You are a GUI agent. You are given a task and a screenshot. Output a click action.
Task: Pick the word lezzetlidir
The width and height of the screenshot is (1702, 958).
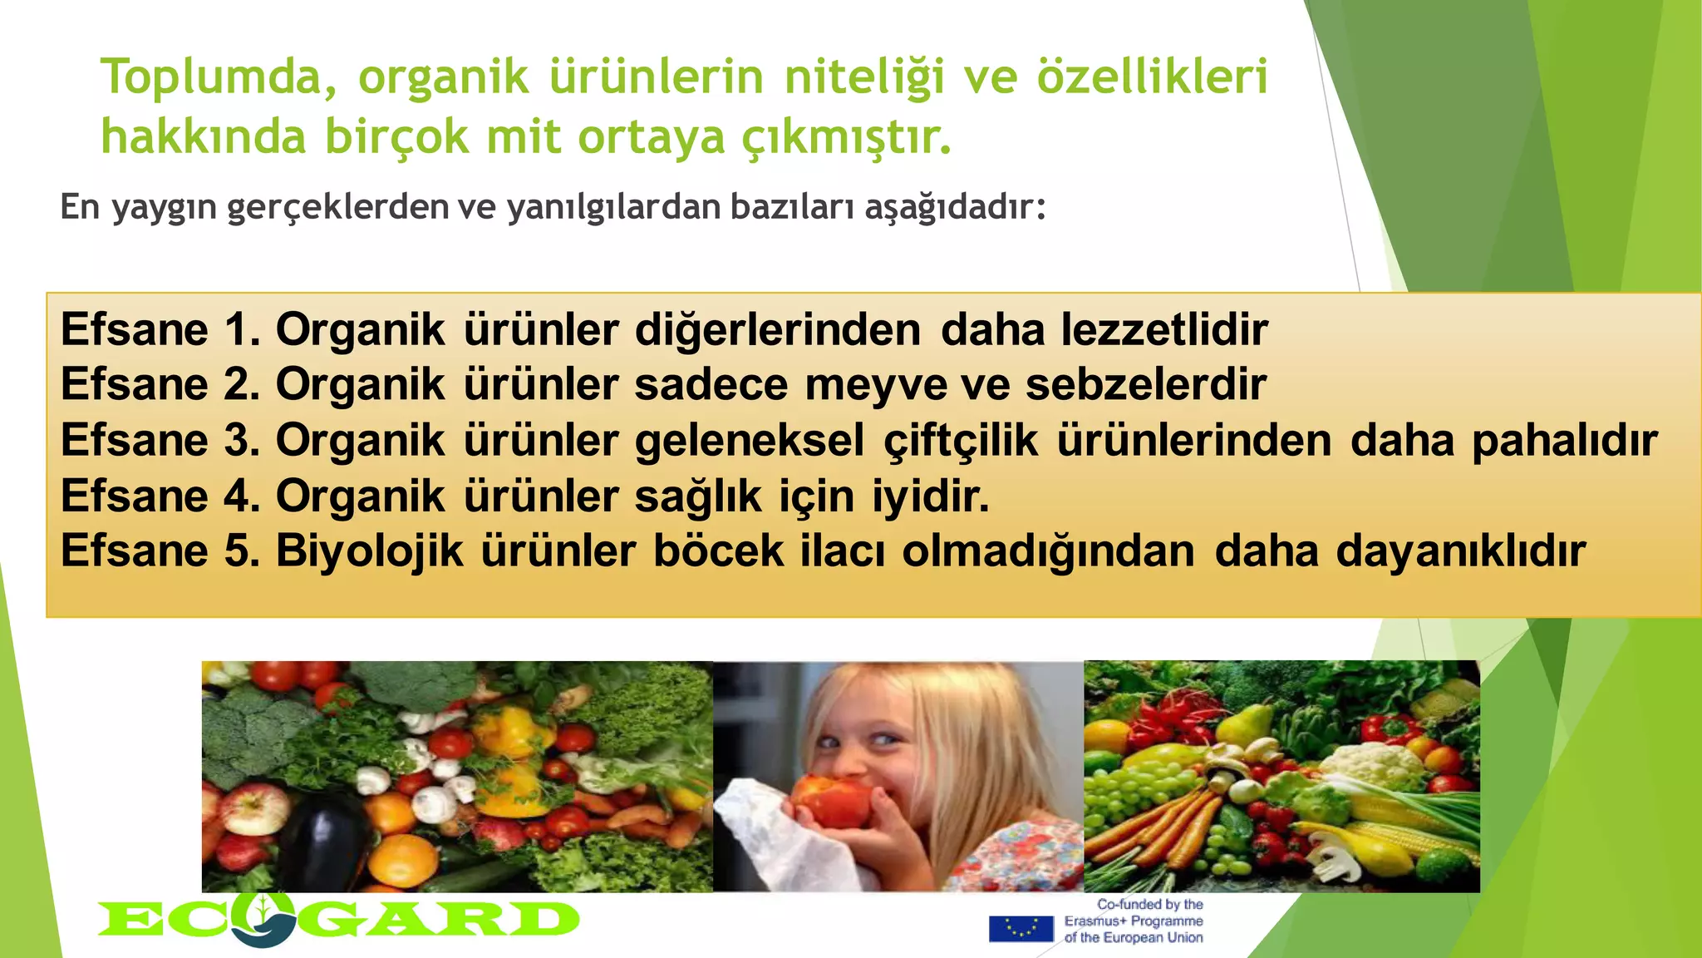point(1164,330)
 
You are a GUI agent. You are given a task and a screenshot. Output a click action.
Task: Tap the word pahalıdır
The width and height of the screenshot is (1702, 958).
point(1564,441)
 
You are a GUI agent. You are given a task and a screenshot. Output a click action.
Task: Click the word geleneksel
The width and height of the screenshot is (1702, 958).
point(750,441)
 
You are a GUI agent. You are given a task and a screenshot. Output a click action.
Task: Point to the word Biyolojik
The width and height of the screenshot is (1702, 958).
point(369,551)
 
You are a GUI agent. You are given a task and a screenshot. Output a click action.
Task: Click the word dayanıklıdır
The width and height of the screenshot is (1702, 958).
point(1460,551)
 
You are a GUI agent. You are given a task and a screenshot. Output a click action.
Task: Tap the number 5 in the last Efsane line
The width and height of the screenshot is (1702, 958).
point(242,551)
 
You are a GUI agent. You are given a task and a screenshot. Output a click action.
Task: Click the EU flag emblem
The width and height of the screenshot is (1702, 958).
point(1021,928)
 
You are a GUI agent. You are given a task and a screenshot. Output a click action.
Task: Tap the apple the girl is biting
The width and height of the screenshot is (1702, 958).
point(831,801)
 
